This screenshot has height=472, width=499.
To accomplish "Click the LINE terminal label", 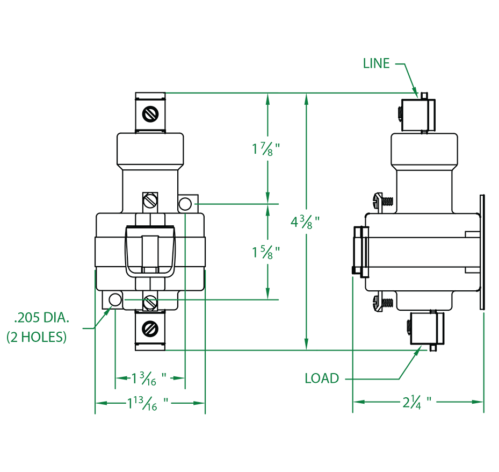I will pos(376,63).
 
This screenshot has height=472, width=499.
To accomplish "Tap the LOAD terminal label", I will pos(322,378).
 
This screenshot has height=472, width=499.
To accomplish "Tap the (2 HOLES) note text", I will pos(37,338).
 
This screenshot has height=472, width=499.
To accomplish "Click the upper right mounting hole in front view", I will pos(185,204).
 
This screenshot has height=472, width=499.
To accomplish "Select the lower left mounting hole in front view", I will pos(115,298).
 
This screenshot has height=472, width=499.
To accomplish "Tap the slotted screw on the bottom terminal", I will pos(150,327).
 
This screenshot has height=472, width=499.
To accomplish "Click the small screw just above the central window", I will pos(150,200).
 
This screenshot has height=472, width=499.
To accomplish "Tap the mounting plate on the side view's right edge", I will pos(482,253).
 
